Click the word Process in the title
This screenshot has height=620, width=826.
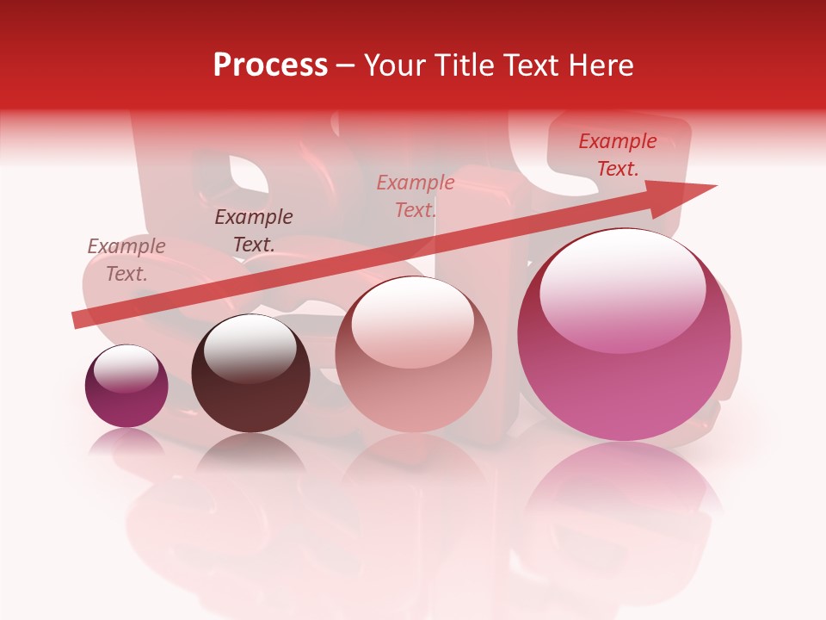270,65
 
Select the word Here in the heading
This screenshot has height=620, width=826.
598,65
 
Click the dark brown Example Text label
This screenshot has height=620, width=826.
254,231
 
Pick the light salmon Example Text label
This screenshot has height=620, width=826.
416,196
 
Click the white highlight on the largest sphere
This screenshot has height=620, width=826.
623,289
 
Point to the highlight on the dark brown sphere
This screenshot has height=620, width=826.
250,348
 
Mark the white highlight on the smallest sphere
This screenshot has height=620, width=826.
126,369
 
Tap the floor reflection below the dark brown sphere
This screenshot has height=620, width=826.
250,456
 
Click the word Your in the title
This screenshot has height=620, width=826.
391,65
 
